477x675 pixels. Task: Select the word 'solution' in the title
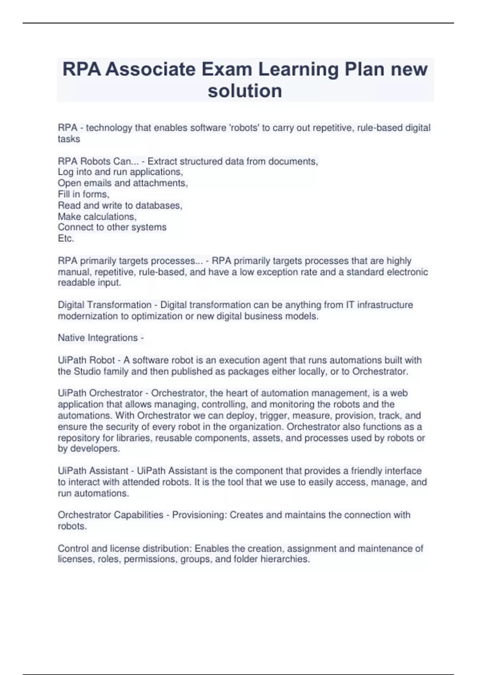pos(245,91)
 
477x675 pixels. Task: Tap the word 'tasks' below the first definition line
pos(69,139)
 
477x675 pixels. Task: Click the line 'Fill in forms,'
pos(83,194)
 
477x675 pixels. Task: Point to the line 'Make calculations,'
pos(97,216)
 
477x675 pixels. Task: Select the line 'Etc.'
pos(66,238)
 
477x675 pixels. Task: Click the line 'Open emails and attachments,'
pos(122,183)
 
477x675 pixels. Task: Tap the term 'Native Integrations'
pos(98,338)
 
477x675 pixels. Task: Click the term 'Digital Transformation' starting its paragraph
pos(105,305)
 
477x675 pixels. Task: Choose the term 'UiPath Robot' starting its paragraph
pos(86,360)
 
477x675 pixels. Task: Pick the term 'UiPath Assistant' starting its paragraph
pos(93,471)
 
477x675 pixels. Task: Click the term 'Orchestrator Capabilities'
pos(111,515)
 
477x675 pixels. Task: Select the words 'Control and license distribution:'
pos(125,548)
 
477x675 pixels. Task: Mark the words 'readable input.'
pos(89,283)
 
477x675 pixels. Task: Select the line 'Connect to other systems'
pos(112,227)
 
